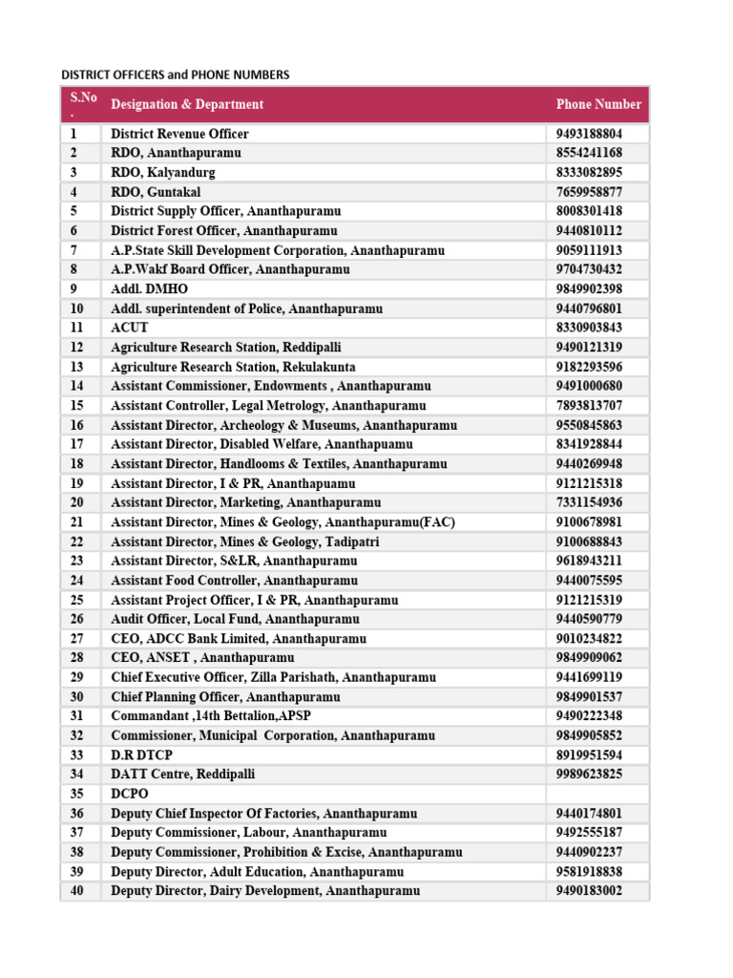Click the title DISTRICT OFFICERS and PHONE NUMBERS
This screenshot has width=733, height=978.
coord(175,74)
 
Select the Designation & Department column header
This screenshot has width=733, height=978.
coord(187,104)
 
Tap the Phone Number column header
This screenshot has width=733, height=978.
coord(598,104)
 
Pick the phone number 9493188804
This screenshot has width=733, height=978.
coord(589,134)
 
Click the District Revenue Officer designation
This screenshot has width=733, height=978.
coord(179,134)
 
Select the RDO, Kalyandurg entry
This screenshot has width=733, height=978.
coord(163,173)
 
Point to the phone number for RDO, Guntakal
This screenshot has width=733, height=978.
coord(589,192)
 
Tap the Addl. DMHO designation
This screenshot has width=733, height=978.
coord(150,288)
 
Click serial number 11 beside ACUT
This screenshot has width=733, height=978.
coord(77,328)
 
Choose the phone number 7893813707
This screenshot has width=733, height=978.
coord(589,406)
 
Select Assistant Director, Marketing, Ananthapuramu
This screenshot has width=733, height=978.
coord(245,502)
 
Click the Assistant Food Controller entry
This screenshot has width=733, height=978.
coord(234,581)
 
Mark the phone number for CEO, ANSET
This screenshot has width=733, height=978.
coord(589,658)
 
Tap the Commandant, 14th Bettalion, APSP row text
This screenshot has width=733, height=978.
coord(211,716)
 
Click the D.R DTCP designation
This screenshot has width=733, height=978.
coord(142,755)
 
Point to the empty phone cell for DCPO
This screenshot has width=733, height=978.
coord(597,794)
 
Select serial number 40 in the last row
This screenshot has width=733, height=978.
coord(77,891)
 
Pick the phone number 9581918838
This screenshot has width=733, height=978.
coord(589,872)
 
